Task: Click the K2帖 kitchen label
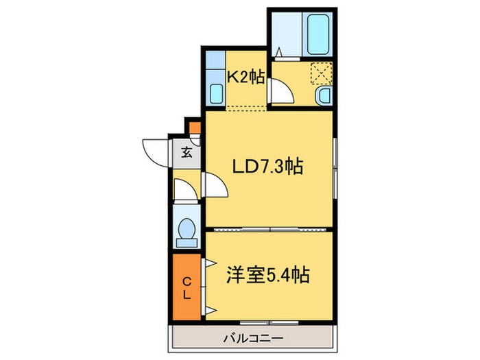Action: point(245,77)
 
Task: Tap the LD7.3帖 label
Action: point(268,166)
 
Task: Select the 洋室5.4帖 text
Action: point(267,276)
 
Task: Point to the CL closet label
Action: point(187,287)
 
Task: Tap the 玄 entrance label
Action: point(187,153)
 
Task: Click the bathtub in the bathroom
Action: point(318,34)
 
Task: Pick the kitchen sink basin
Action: point(215,93)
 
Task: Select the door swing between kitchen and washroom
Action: point(281,91)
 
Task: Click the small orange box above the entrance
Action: point(195,127)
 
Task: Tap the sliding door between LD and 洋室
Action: point(271,229)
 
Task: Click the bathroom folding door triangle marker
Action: point(280,52)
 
